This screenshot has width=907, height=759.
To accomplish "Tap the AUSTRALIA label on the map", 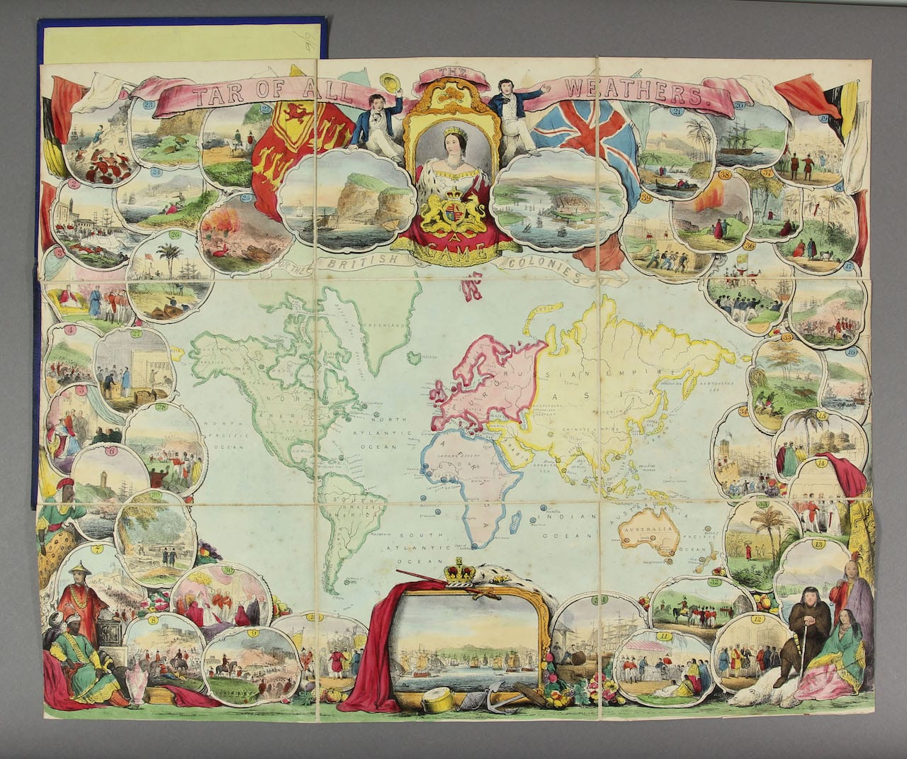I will click(647, 529).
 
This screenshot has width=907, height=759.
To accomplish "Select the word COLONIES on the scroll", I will click(546, 270).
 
